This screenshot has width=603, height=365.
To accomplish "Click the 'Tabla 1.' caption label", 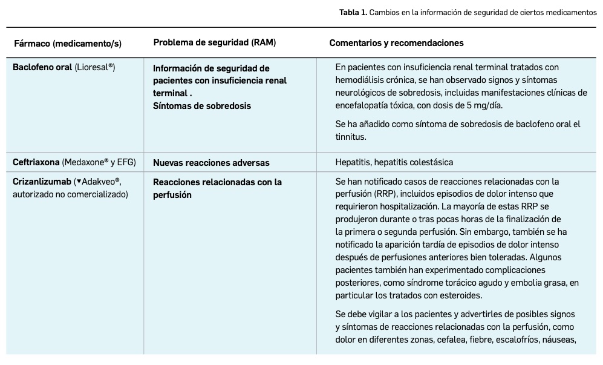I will coord(352,12).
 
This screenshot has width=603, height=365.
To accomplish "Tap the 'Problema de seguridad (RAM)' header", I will coord(214,42).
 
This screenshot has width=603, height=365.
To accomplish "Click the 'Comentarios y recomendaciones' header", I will coord(396,43).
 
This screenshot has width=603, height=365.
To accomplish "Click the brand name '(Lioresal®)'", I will coord(95,67).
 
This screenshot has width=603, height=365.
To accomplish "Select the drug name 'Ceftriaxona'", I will coord(36,162).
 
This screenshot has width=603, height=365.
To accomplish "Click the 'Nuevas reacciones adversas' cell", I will coord(211,162).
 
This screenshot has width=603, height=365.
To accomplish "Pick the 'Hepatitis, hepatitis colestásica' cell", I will coord(394,162).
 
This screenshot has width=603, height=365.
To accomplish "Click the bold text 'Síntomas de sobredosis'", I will coord(201,105).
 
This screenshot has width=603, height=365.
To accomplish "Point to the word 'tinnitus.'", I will coord(351,137).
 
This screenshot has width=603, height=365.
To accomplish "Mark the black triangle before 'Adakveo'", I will coord(78,182).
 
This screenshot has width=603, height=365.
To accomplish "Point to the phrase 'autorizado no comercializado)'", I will coord(70,194).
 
